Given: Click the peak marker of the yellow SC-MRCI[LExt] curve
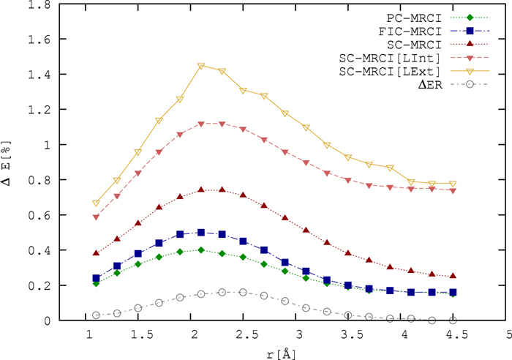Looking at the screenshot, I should pyautogui.click(x=201, y=67).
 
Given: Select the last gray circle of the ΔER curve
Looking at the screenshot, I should pyautogui.click(x=453, y=320).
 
